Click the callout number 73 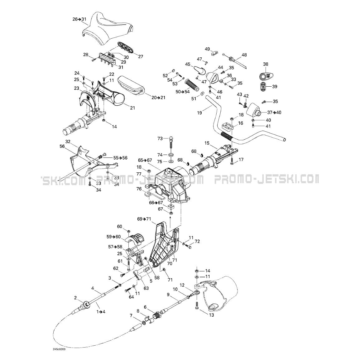pyautogui.click(x=160, y=138)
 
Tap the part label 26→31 pyautogui.click(x=79, y=19)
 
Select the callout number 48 pyautogui.click(x=244, y=55)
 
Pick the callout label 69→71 pyautogui.click(x=144, y=219)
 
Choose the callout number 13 pyautogui.click(x=212, y=315)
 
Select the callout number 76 pyautogui.click(x=139, y=189)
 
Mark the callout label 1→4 pyautogui.click(x=101, y=312)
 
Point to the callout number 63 pyautogui.click(x=146, y=288)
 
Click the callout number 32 pyautogui.click(x=68, y=141)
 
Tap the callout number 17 pyautogui.click(x=241, y=160)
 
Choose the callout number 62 pyautogui.click(x=116, y=268)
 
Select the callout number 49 pyautogui.click(x=207, y=49)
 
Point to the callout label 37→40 pyautogui.click(x=274, y=112)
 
